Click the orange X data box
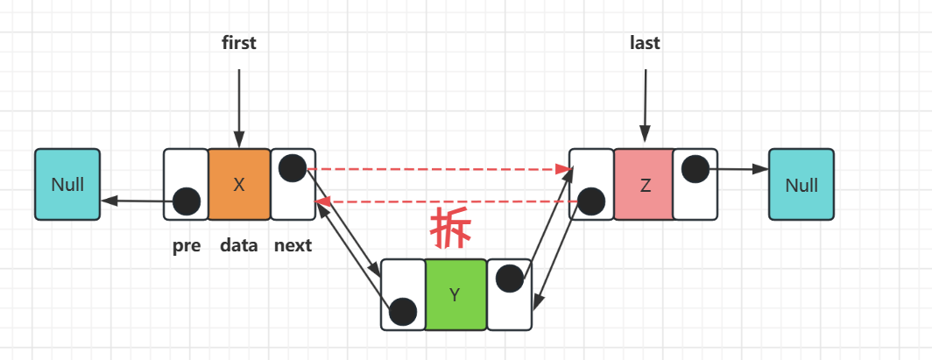pyautogui.click(x=239, y=184)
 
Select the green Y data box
pyautogui.click(x=455, y=294)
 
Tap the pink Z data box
pyautogui.click(x=644, y=184)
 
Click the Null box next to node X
pyautogui.click(x=67, y=184)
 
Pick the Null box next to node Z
pyautogui.click(x=801, y=184)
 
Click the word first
pyautogui.click(x=238, y=43)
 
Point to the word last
pyautogui.click(x=645, y=43)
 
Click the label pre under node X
pyautogui.click(x=187, y=245)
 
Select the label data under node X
pyautogui.click(x=239, y=245)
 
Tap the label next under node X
pyautogui.click(x=293, y=245)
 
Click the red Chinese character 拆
pyautogui.click(x=451, y=230)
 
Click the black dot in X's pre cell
pyautogui.click(x=186, y=201)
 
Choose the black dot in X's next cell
pyautogui.click(x=293, y=168)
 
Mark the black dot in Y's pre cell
pyautogui.click(x=402, y=310)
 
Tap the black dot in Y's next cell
pyautogui.click(x=509, y=279)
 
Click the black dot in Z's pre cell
pyautogui.click(x=591, y=201)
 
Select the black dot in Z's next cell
pyautogui.click(x=695, y=168)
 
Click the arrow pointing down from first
pyautogui.click(x=238, y=105)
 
